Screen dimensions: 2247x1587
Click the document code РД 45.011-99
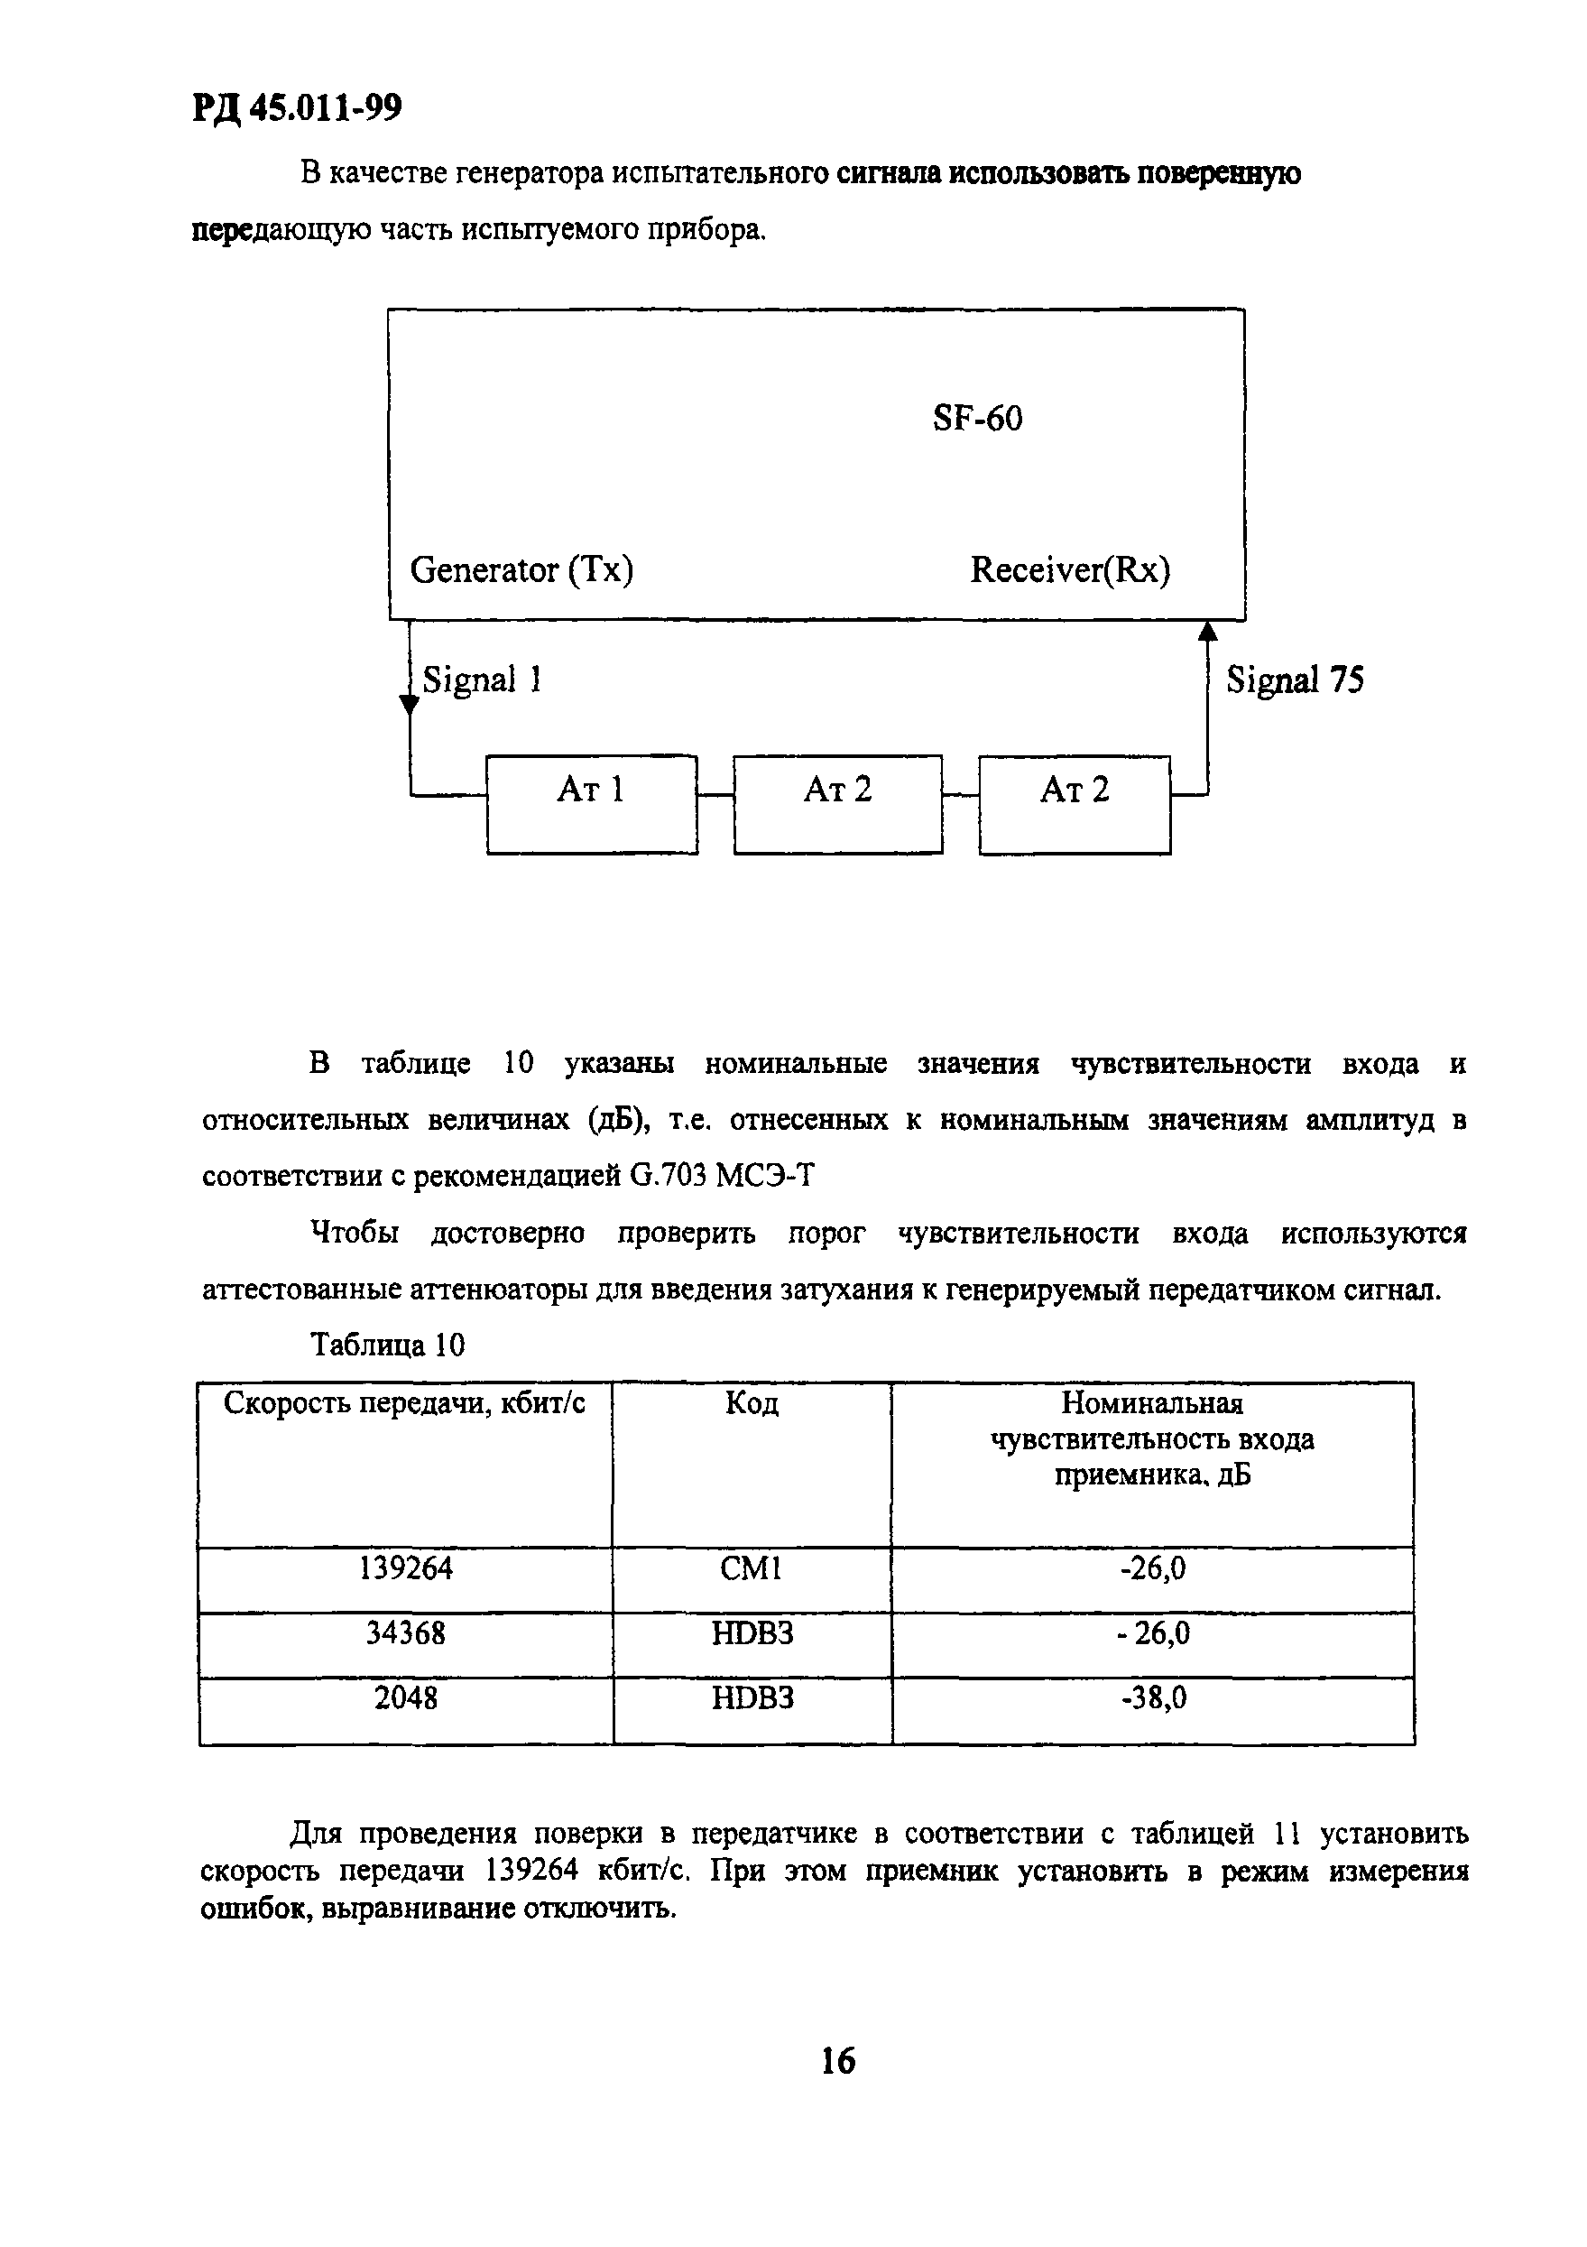(x=297, y=107)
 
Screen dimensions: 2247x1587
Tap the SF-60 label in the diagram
(x=976, y=419)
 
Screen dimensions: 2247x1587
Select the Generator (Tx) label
(x=521, y=569)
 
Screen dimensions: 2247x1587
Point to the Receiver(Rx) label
(x=1069, y=569)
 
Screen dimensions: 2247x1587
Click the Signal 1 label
(x=482, y=680)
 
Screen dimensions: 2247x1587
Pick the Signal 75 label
(x=1294, y=680)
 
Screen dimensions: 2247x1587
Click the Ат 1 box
(x=592, y=803)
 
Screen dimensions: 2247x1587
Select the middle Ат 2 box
(x=837, y=803)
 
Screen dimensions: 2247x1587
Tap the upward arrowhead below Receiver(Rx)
(x=1207, y=633)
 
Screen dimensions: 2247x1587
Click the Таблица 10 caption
(x=387, y=1345)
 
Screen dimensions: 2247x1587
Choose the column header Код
(x=752, y=1404)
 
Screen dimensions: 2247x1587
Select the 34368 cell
(x=405, y=1633)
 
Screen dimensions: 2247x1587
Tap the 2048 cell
(x=405, y=1698)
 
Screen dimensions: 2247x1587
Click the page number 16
(x=837, y=2061)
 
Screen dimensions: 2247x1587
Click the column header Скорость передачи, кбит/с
(x=404, y=1404)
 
